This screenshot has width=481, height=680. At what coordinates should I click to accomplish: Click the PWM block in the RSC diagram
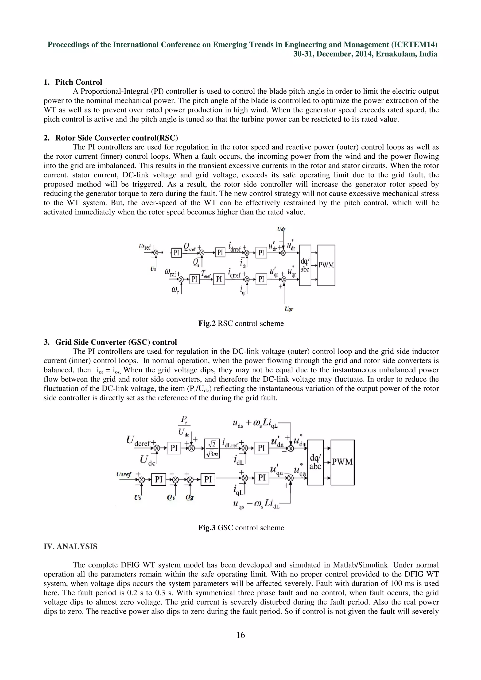coord(326,265)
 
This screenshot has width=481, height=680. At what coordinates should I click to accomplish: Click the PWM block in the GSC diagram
coord(342,462)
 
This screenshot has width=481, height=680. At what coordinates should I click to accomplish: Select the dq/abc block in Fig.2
coord(305,265)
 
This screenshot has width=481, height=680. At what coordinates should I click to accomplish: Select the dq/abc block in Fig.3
coord(315,462)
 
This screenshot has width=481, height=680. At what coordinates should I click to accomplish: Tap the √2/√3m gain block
coord(212,448)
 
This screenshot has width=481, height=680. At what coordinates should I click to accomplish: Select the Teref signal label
coord(206,275)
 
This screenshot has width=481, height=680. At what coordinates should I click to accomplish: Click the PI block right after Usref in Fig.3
coord(159,479)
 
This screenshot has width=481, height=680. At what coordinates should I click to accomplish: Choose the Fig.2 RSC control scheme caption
coord(241,323)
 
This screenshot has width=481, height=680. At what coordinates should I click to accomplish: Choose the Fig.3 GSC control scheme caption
coord(241,527)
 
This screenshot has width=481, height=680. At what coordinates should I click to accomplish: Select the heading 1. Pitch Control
coord(73,82)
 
